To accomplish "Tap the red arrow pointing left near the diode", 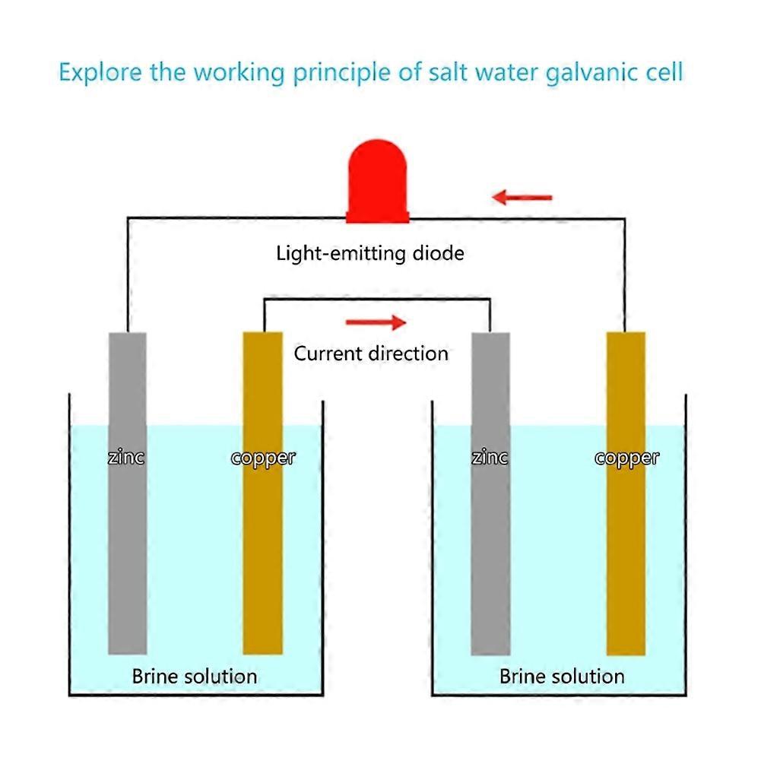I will click(522, 198).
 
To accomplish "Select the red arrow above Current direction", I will click(376, 323).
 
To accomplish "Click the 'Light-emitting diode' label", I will click(369, 253).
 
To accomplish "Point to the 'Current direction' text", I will click(371, 354).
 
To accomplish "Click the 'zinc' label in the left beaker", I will click(126, 458).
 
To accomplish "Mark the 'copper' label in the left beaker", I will click(262, 458).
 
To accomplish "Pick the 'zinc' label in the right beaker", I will click(490, 458).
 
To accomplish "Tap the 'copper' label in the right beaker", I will click(626, 458).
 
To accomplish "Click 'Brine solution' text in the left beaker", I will click(195, 676).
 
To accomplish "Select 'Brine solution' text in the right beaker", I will click(562, 676).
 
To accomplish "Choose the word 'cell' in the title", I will click(664, 73).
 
